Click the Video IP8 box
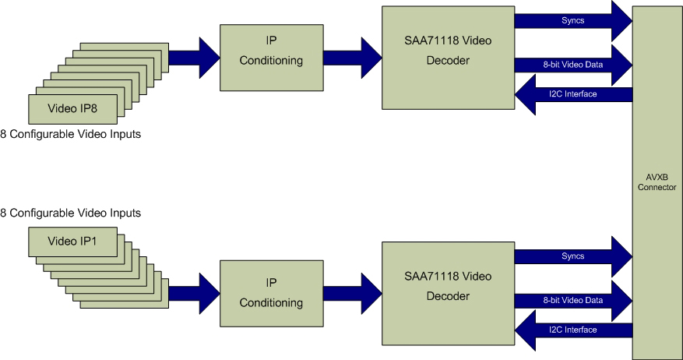pos(72,105)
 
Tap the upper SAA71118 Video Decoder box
pos(448,58)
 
